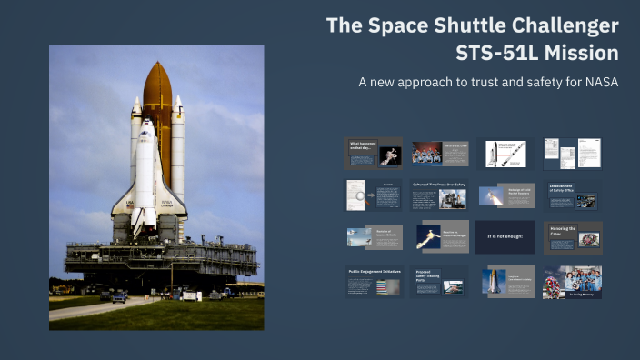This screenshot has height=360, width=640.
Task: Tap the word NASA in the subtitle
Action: coord(598,83)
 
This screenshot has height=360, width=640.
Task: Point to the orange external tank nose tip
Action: coord(156,65)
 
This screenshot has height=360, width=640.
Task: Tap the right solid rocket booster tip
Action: coord(177,99)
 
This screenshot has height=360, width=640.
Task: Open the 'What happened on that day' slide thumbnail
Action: coord(375,154)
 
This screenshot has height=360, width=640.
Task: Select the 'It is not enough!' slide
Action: coord(505,236)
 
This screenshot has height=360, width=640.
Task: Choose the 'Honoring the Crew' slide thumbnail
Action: coord(573,236)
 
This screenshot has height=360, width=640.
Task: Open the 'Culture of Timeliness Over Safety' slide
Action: coord(440,195)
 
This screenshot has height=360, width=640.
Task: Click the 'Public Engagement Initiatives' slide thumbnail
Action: coord(375,281)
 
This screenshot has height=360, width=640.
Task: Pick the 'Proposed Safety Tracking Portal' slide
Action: coord(440,281)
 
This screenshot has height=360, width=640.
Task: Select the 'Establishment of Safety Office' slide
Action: coord(573,195)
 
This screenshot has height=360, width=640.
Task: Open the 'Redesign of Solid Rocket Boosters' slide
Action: coord(505,195)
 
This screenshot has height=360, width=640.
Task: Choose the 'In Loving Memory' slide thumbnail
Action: coord(573,282)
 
